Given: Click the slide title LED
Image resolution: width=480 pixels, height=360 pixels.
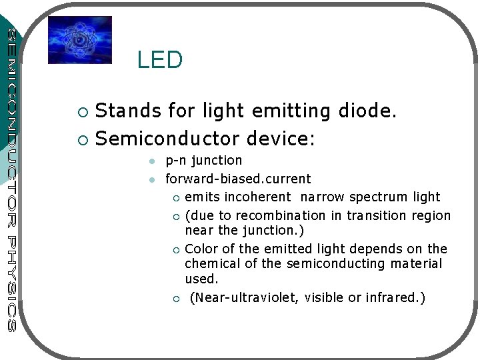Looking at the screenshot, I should tap(159, 60).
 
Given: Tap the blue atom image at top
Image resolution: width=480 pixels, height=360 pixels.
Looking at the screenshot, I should tap(80, 40).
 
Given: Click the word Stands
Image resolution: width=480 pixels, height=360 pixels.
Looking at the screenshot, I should tap(128, 111).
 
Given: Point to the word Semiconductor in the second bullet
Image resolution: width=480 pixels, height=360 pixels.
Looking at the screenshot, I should tap(168, 139).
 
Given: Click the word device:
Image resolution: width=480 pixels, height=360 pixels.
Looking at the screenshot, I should tap(281, 139).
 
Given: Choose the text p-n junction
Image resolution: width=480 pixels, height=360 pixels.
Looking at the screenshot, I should tap(204, 160).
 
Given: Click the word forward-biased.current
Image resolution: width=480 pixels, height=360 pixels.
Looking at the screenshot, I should tap(238, 179).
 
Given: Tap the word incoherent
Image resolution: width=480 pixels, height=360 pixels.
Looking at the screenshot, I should tap(257, 197).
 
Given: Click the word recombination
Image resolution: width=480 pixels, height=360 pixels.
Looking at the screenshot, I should tap(287, 215).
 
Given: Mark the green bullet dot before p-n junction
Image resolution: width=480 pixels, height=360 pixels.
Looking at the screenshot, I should tap(152, 161).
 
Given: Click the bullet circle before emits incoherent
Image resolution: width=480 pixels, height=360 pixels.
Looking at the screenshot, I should tap(175, 197).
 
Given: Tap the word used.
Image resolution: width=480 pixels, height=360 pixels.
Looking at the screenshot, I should tap(201, 279).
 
